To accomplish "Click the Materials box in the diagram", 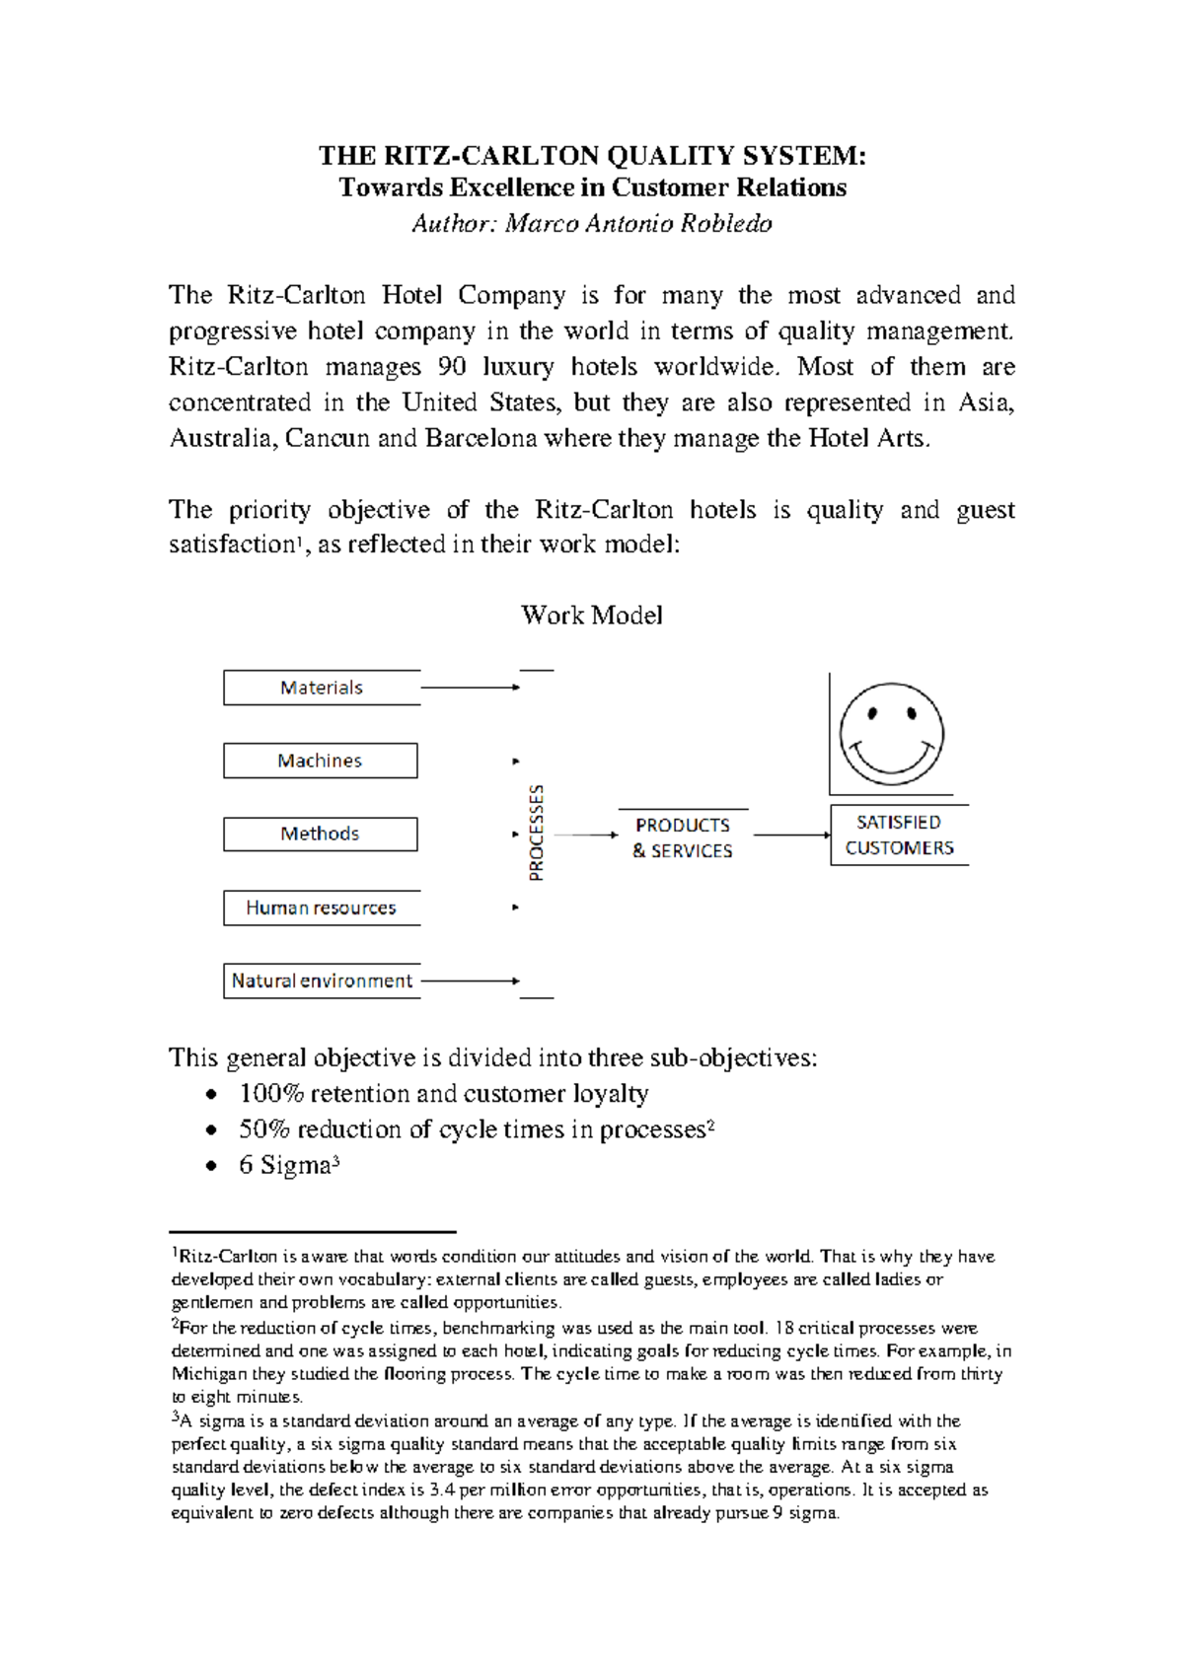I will (x=322, y=688).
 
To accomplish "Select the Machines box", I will (x=320, y=761).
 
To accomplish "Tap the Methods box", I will (x=320, y=834).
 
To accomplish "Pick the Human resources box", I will (x=321, y=908).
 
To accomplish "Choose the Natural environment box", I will (x=322, y=981).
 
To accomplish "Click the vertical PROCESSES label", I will (x=536, y=833).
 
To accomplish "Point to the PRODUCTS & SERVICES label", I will (x=683, y=837).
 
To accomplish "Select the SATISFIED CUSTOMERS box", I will (x=899, y=835).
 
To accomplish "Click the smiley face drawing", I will (x=891, y=734).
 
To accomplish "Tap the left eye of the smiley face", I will (x=873, y=713).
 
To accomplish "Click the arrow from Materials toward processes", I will (x=470, y=688).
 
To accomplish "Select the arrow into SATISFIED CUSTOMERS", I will (x=792, y=835).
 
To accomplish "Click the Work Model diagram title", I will (x=591, y=615).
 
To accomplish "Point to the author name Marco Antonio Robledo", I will (x=638, y=224).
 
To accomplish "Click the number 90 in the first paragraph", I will (x=452, y=367).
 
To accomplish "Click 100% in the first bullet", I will (x=270, y=1093).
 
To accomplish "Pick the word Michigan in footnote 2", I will (x=208, y=1373).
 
